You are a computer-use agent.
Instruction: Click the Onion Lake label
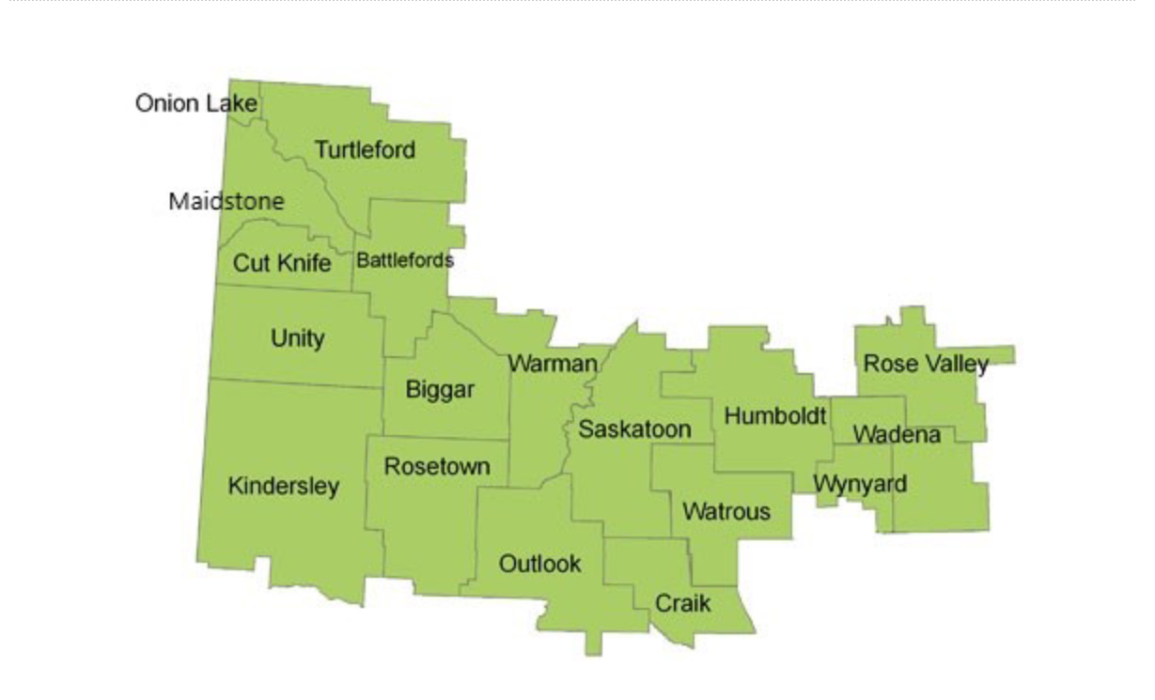[x=196, y=102]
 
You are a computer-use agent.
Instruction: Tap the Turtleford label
[x=365, y=149]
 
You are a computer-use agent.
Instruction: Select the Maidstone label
[x=226, y=201]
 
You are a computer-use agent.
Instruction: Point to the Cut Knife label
[x=282, y=263]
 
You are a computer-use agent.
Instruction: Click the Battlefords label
[x=405, y=260]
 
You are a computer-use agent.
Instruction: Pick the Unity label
[x=298, y=338]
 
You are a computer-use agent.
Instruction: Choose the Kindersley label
[x=284, y=487]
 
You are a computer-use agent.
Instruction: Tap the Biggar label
[x=440, y=390]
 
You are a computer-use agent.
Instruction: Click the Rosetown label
[x=437, y=466]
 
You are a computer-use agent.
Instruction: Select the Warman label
[x=553, y=364]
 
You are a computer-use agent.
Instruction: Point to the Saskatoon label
[x=634, y=429]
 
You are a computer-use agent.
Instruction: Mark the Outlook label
[x=539, y=564]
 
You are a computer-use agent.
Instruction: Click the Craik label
[x=683, y=602]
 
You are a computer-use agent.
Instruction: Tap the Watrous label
[x=726, y=511]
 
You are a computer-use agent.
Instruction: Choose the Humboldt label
[x=775, y=415]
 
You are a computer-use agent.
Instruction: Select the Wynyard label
[x=860, y=484]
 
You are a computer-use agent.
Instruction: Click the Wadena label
[x=897, y=435]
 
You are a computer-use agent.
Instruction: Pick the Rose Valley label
[x=926, y=364]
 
